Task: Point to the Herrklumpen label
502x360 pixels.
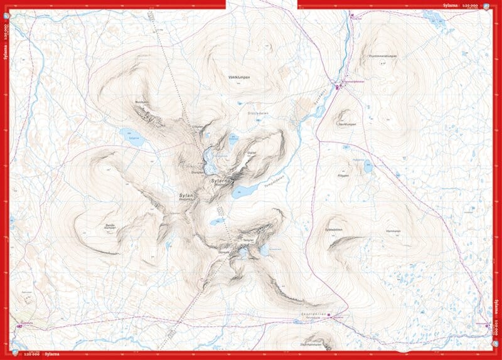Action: (x=347, y=124)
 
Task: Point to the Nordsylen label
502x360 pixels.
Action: (x=141, y=101)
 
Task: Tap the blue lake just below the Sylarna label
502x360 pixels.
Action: (x=245, y=190)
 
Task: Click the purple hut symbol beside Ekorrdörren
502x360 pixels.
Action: (x=333, y=315)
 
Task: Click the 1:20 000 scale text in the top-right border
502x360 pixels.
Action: (x=469, y=4)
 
